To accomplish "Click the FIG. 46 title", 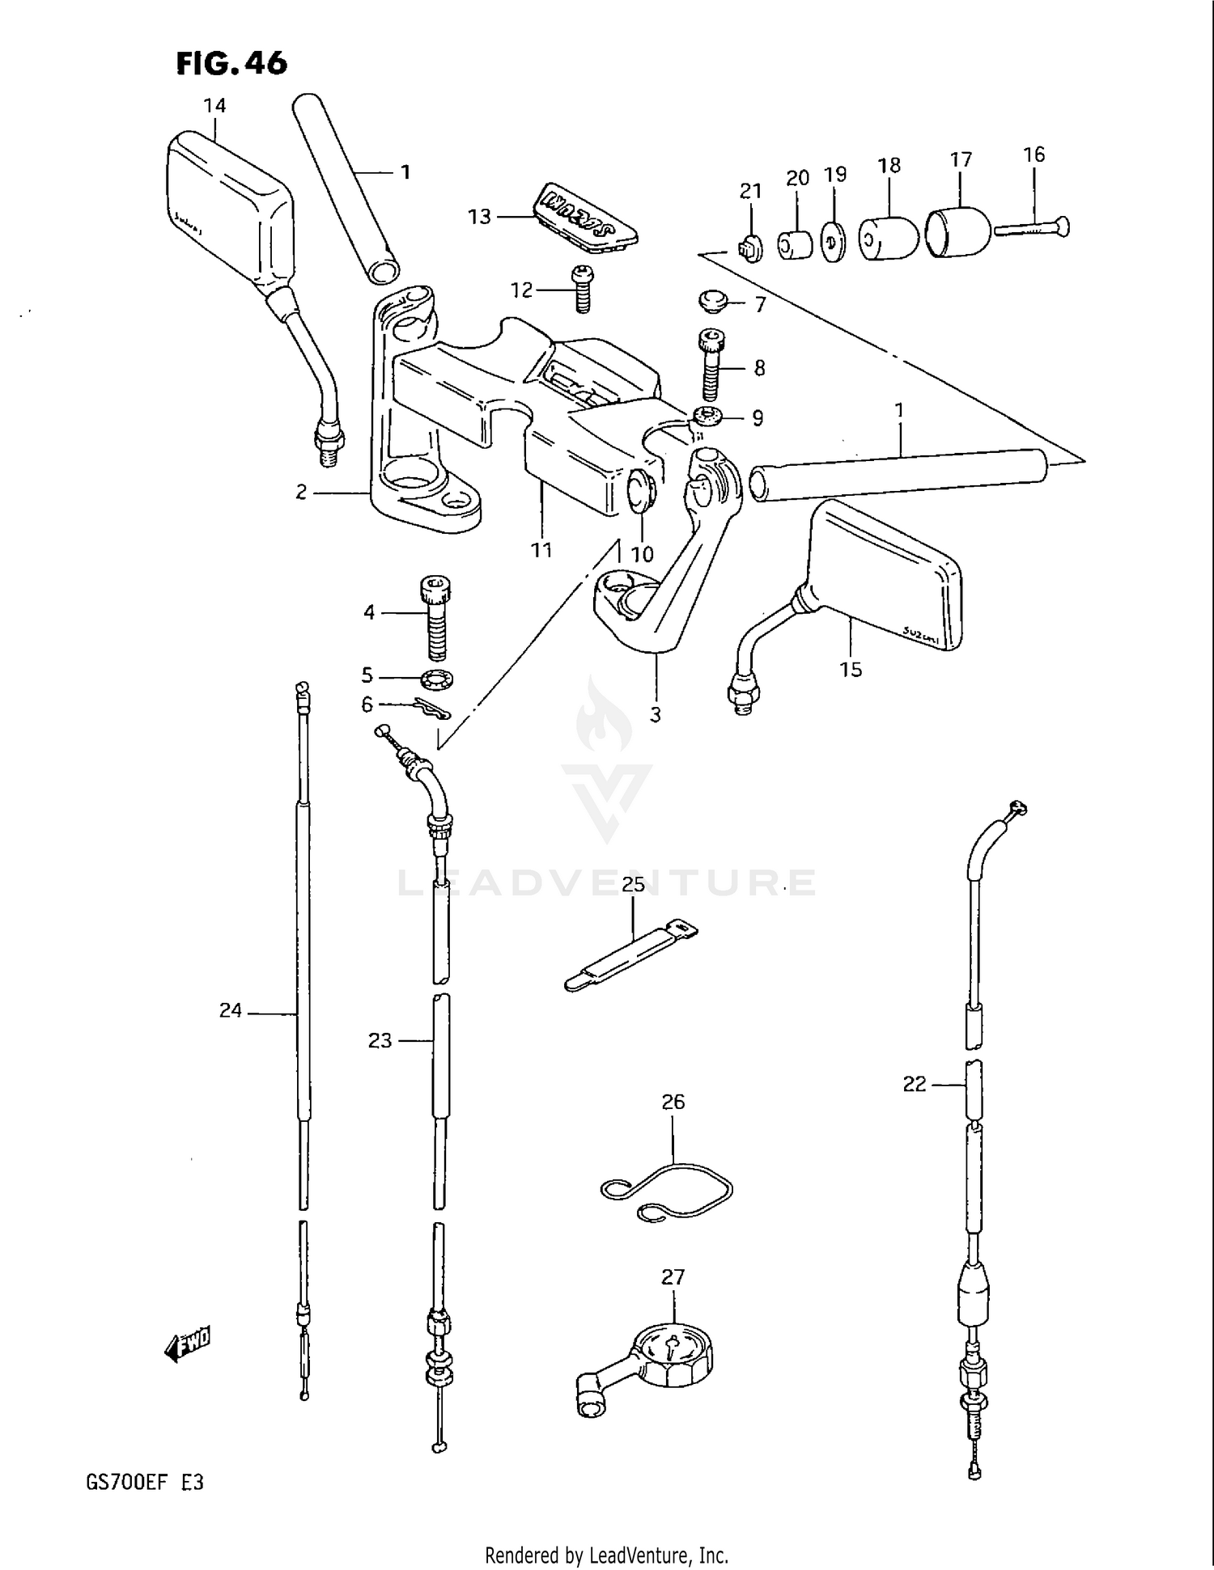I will tap(231, 62).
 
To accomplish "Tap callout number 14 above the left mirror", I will tap(214, 105).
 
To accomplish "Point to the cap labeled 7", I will tap(713, 303).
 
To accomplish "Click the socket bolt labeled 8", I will tap(710, 366).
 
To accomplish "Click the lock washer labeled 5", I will tap(437, 680).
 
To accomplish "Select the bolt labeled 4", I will tap(435, 617).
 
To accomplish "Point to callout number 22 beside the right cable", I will tap(914, 1084).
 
